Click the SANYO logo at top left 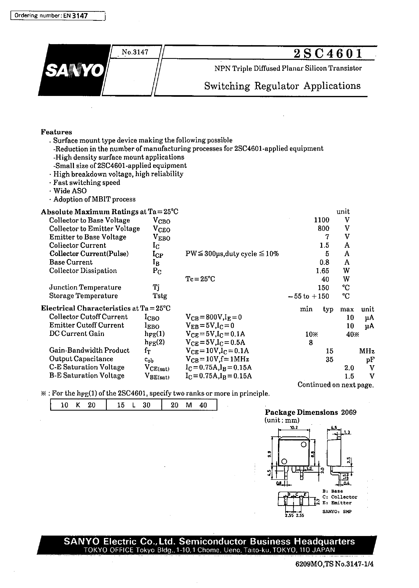(x=74, y=70)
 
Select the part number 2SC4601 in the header (x=328, y=53)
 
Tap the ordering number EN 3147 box (x=58, y=16)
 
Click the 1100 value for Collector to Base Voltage (x=322, y=220)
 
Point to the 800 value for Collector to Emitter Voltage (x=323, y=228)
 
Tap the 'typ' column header (x=328, y=309)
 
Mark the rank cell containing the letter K (x=78, y=405)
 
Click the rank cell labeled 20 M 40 (x=189, y=405)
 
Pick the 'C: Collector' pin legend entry (x=340, y=497)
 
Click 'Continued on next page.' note (x=335, y=385)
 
